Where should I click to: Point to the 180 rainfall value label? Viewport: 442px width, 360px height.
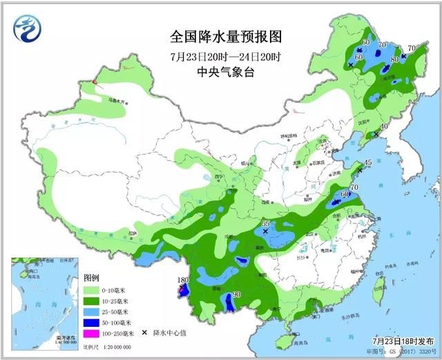tap(182, 281)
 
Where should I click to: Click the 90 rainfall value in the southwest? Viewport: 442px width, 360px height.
tap(236, 295)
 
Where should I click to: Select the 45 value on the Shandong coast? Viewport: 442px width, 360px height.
tap(367, 163)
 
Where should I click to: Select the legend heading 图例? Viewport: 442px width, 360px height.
tap(92, 278)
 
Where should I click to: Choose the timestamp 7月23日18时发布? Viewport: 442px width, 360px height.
tap(401, 341)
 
